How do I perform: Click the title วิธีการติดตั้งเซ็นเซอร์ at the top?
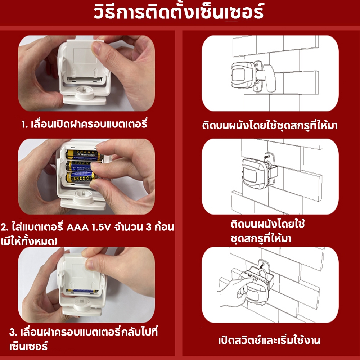(179, 12)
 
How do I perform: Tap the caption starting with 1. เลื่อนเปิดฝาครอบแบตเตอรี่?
(84, 124)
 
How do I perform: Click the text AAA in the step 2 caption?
(77, 227)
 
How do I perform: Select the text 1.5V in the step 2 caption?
(101, 227)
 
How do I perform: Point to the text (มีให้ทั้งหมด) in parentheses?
(29, 241)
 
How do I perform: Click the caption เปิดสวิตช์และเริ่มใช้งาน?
(269, 340)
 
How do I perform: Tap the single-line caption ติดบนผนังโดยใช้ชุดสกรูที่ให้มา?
(270, 125)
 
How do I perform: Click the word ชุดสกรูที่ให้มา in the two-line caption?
(261, 238)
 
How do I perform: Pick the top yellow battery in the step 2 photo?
(84, 155)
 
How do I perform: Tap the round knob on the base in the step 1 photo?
(85, 92)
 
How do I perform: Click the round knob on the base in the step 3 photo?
(82, 303)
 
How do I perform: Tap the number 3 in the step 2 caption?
(149, 227)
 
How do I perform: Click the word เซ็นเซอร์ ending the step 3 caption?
(28, 346)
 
